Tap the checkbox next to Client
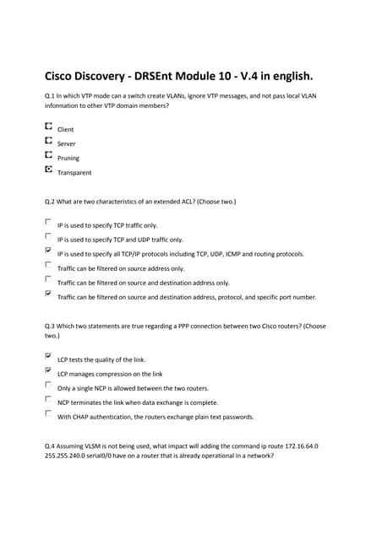point(48,127)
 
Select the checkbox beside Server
point(48,141)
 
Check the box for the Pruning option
point(48,155)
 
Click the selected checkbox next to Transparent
point(48,170)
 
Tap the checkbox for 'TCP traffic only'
point(48,222)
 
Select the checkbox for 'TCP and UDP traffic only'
point(48,236)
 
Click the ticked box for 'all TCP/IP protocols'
point(48,251)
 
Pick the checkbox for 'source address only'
point(48,265)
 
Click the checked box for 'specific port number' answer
point(48,294)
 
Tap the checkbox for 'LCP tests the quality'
point(48,356)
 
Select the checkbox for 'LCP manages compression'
point(48,370)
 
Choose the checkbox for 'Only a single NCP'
point(48,385)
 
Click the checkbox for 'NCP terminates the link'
point(48,399)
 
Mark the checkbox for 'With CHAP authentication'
point(48,413)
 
